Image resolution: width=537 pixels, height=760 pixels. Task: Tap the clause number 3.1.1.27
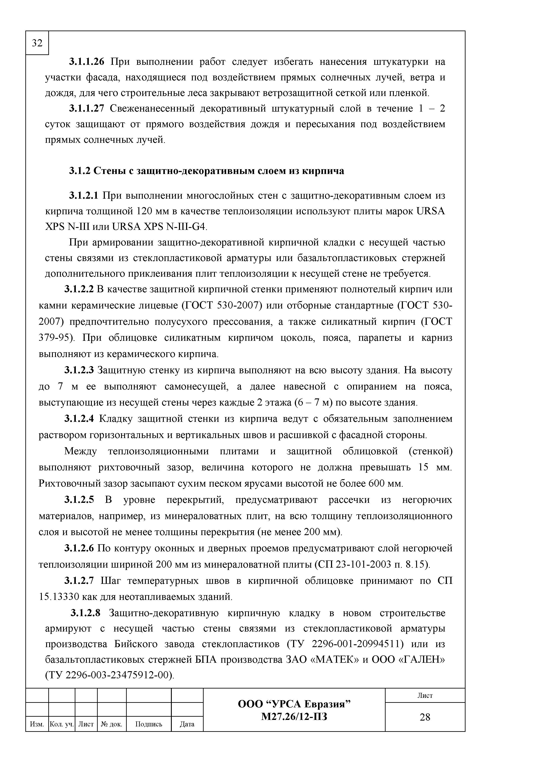tap(87, 109)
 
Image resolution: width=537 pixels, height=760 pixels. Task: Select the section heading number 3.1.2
tap(80, 171)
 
